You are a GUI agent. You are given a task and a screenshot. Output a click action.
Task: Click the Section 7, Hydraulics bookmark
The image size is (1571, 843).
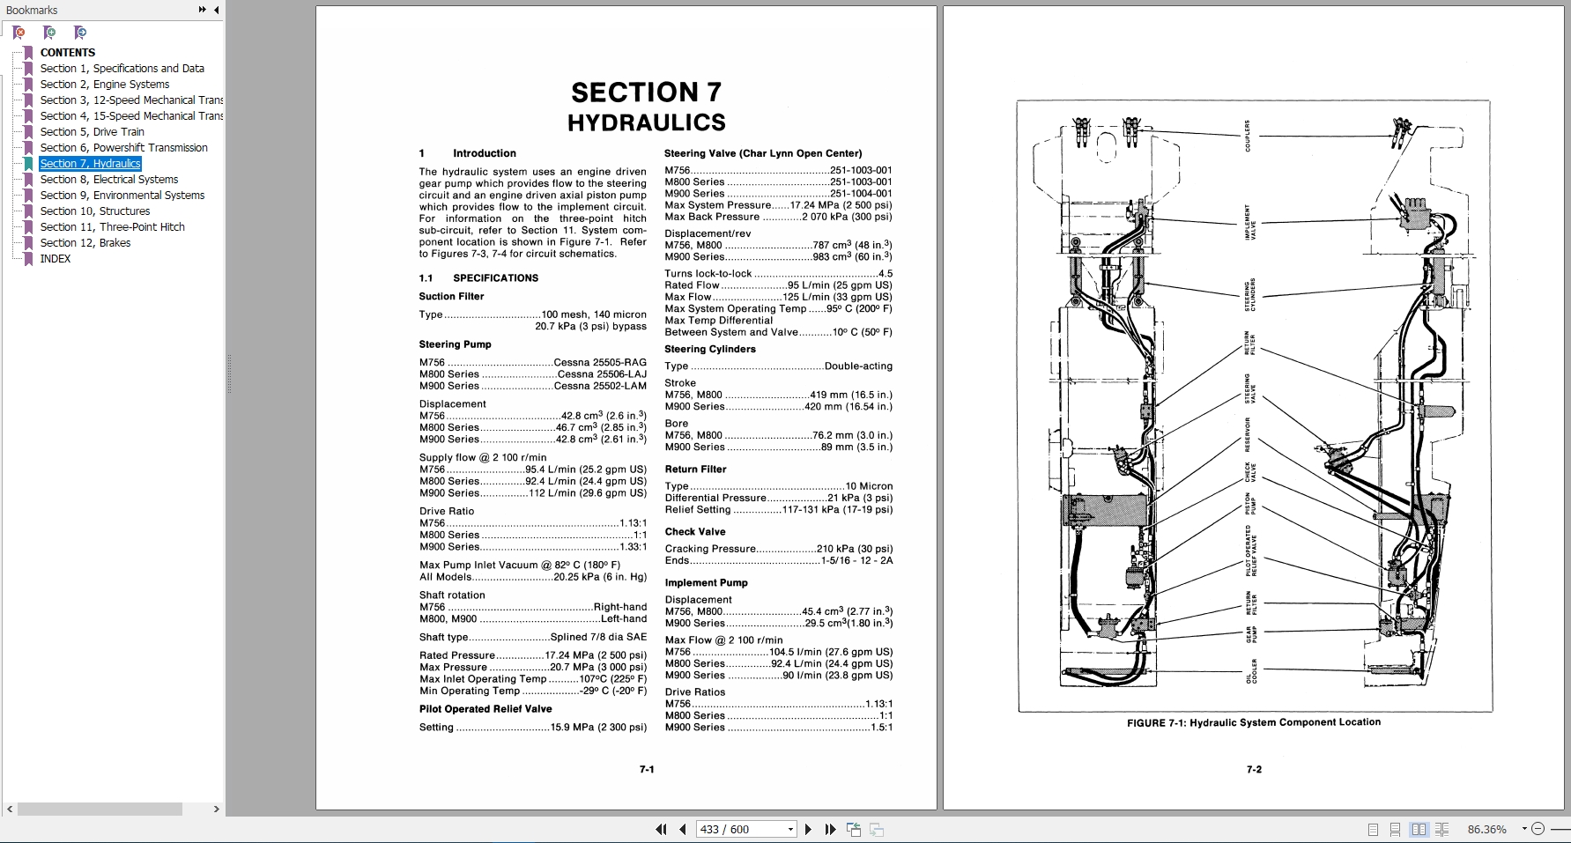tap(90, 164)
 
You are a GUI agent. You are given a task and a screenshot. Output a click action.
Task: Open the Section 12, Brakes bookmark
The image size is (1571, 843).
tap(85, 243)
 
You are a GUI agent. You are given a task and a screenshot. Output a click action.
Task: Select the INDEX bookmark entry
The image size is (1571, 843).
tap(55, 259)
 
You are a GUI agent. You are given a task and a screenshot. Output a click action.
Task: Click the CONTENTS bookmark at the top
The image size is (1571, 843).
tap(67, 53)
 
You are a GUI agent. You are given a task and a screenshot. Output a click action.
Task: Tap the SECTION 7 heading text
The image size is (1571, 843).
tap(646, 92)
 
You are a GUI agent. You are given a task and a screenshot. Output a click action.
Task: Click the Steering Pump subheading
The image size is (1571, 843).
tap(455, 344)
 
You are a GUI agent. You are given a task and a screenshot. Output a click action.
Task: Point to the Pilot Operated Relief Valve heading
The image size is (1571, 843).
tap(485, 709)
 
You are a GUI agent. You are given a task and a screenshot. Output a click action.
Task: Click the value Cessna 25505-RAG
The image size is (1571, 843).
tap(600, 363)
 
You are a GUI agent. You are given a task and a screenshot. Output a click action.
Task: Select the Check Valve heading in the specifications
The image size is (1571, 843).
tap(695, 532)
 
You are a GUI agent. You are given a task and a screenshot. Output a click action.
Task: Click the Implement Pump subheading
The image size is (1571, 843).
tap(706, 583)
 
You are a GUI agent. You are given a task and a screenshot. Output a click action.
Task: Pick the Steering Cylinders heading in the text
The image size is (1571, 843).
tap(710, 349)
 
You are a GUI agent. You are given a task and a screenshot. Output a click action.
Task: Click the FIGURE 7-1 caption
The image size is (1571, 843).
tap(1254, 722)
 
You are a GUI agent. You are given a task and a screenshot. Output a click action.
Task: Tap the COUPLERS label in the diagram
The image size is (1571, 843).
tap(1248, 136)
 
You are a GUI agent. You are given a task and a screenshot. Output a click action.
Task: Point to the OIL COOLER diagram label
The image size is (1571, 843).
tap(1251, 670)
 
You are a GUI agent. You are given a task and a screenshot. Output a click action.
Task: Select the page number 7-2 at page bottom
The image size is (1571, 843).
tap(1254, 770)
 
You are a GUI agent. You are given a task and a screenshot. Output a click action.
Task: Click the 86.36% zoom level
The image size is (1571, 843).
tap(1486, 829)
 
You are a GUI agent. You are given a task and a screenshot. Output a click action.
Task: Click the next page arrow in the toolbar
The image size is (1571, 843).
tap(808, 829)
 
